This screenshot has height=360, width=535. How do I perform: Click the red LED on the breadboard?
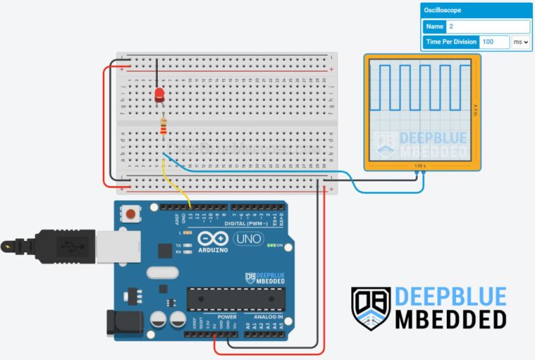coord(159,94)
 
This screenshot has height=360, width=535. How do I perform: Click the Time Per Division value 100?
coord(494,41)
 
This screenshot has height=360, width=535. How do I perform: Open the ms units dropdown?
coord(520,41)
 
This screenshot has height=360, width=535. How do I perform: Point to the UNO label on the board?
coord(248,238)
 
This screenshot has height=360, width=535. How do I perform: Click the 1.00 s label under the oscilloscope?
coord(419,165)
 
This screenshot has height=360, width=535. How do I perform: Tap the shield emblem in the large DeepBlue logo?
coord(370,308)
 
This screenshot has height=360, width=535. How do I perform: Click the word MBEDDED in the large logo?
coord(450,319)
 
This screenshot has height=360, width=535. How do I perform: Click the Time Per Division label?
coord(451,41)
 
